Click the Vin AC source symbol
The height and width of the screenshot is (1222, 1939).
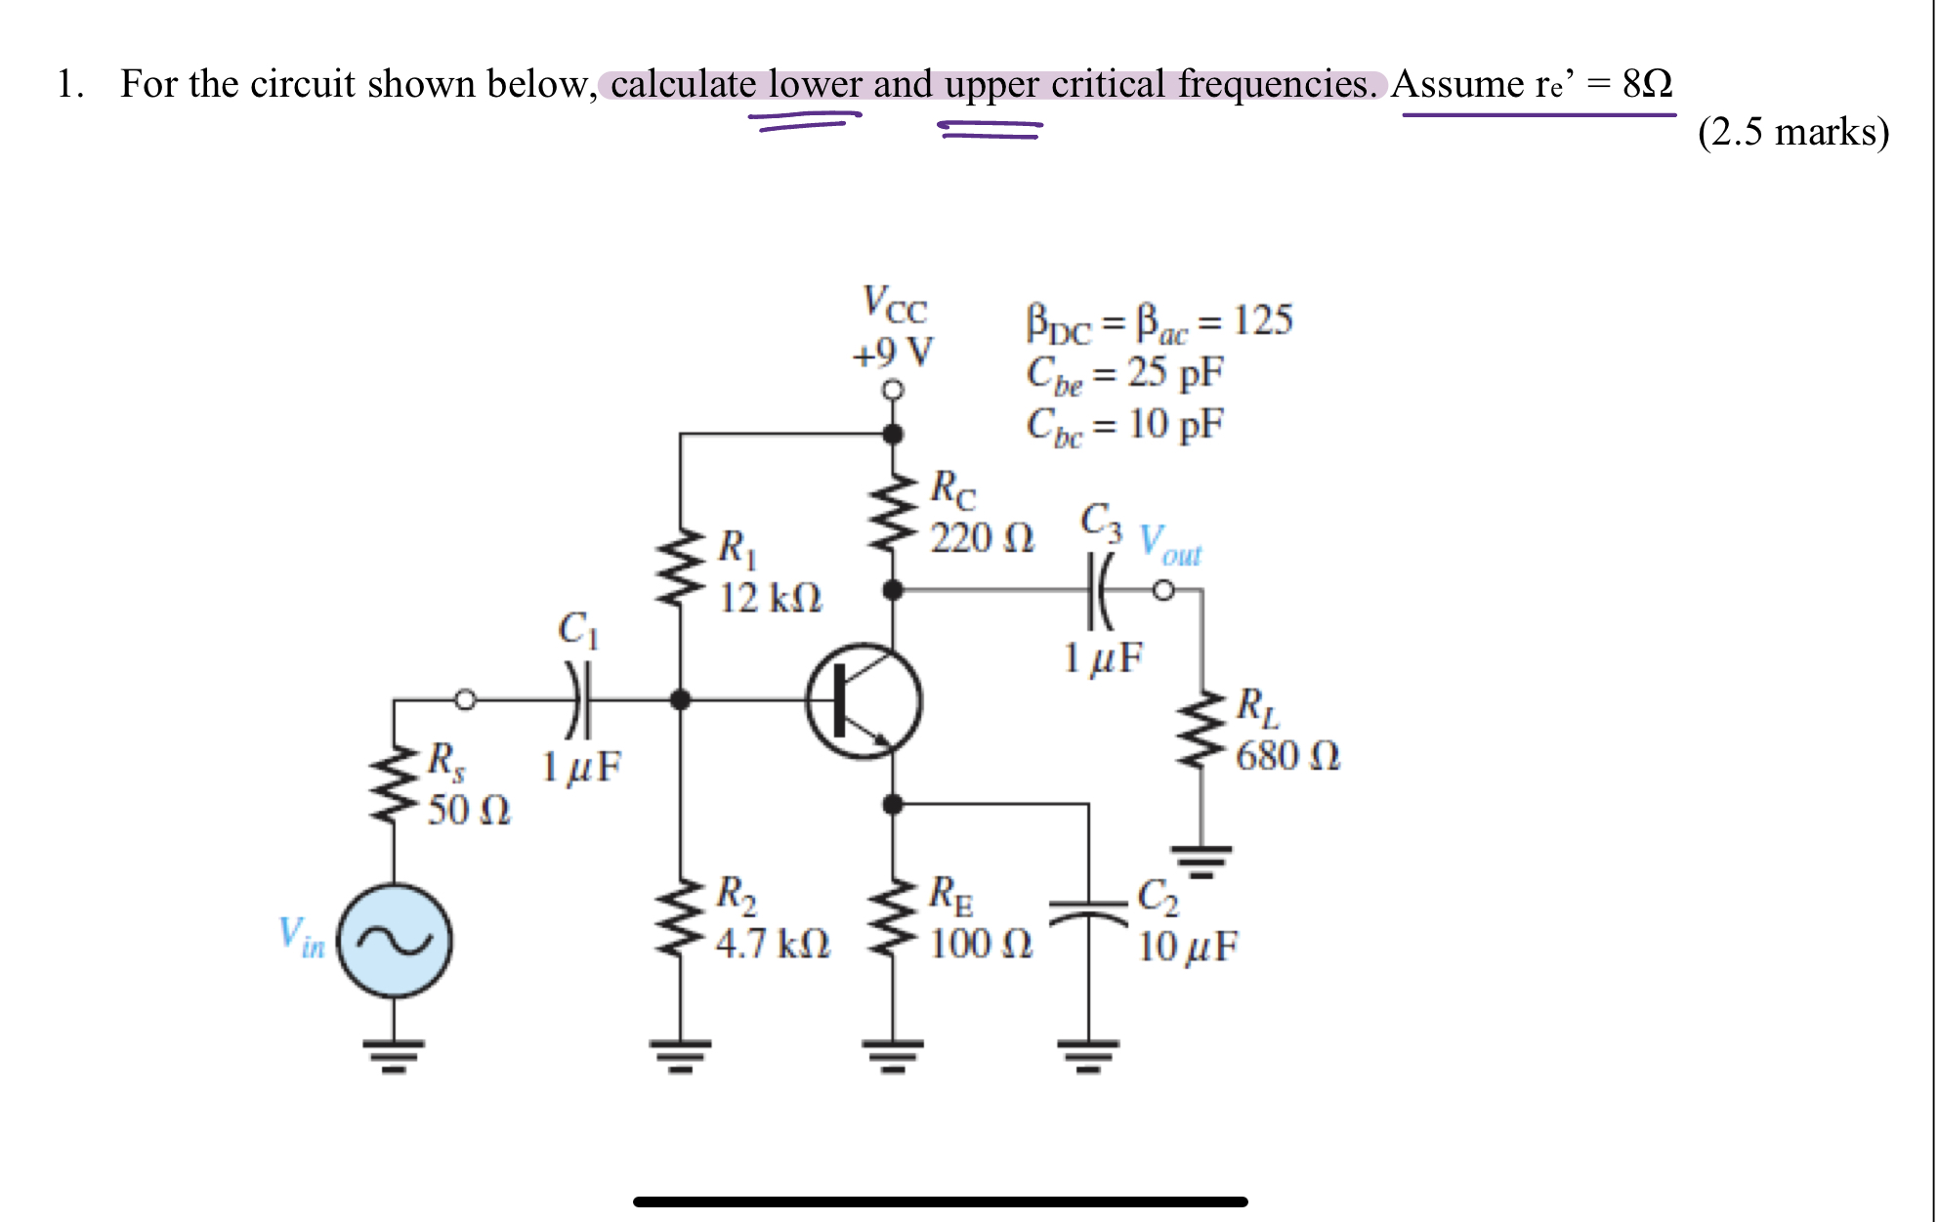pos(394,941)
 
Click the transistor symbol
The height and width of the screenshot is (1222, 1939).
pos(864,700)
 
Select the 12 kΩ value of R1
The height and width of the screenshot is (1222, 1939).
pos(770,598)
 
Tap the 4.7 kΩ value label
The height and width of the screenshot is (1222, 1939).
pos(772,944)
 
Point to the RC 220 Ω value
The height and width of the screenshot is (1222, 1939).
pos(981,538)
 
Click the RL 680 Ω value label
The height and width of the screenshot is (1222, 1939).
pos(1287,756)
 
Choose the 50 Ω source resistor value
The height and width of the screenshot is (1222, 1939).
pos(469,810)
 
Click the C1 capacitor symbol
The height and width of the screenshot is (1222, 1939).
pos(578,699)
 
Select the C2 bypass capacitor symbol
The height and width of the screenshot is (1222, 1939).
pos(1088,912)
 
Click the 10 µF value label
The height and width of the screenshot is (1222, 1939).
pos(1187,946)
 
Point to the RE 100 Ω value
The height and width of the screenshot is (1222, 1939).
pos(980,944)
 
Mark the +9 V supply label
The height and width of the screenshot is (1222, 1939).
pos(892,353)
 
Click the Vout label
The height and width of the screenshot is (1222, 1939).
pos(1170,544)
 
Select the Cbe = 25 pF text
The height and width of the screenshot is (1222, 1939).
pos(1124,373)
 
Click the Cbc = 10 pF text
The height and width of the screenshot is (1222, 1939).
pos(1124,425)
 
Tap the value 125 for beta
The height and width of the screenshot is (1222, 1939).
pos(1263,320)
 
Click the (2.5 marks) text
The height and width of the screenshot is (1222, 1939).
pos(1793,132)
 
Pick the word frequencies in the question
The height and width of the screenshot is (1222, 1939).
pos(1277,84)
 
